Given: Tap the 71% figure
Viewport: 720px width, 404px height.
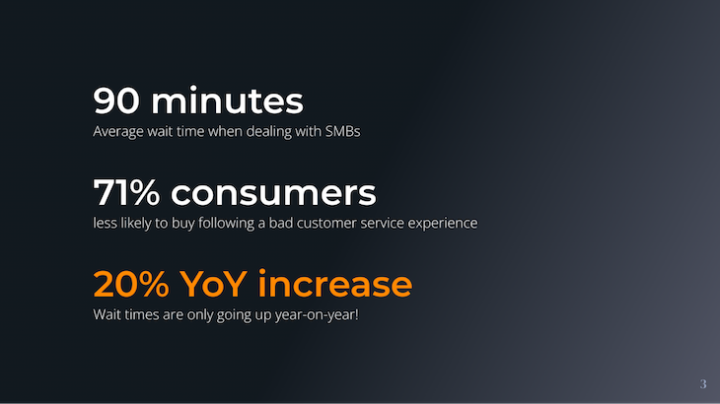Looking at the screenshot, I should (x=127, y=193).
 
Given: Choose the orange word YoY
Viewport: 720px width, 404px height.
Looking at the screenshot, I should (x=215, y=284).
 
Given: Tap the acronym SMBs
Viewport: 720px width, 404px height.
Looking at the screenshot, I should (x=342, y=131).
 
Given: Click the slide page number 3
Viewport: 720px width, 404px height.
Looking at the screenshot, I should (x=702, y=383).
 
